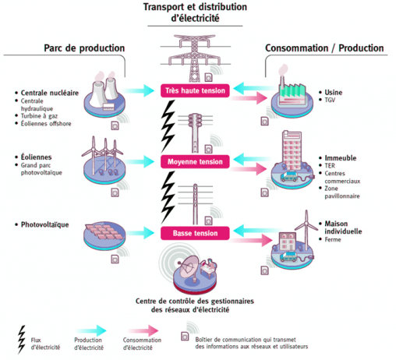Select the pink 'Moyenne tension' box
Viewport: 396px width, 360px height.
tap(196, 162)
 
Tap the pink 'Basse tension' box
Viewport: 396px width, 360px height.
tap(196, 233)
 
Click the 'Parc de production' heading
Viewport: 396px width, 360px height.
tap(83, 48)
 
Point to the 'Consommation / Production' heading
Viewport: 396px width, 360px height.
tap(324, 48)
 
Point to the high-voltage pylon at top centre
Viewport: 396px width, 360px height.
tap(196, 55)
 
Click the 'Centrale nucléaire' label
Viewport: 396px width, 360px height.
tap(46, 92)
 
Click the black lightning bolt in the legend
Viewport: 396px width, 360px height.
tap(22, 337)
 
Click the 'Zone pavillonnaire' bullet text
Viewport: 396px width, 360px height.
tap(343, 192)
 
